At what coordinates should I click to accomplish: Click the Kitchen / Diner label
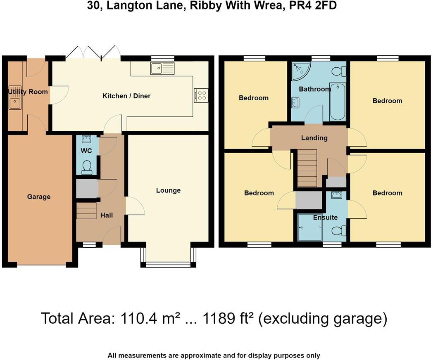126,96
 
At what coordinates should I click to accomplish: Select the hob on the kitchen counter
201,96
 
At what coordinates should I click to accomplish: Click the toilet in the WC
87,167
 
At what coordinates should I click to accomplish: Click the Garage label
39,197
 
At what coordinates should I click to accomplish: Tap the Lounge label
168,190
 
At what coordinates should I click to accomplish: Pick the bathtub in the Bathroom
338,102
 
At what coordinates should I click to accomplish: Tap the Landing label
314,138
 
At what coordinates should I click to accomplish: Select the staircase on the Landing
307,168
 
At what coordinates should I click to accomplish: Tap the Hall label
106,215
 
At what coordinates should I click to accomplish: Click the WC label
86,151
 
